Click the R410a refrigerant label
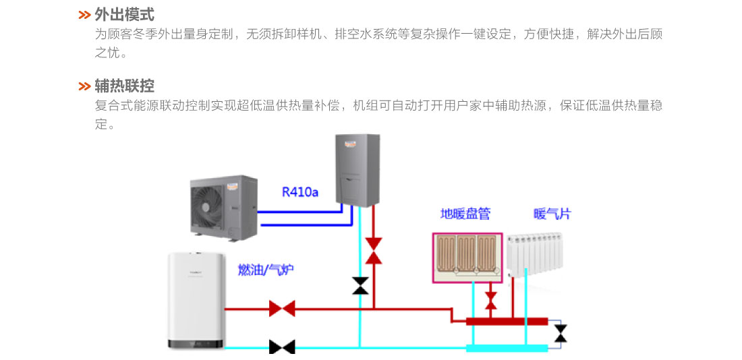(299, 192)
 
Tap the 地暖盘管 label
(465, 214)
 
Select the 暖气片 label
(552, 214)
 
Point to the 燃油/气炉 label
(266, 270)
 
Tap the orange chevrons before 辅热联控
(84, 87)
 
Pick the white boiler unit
(196, 300)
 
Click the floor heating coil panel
(467, 256)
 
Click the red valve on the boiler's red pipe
(282, 309)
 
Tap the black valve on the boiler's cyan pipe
(282, 347)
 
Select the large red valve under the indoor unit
(373, 250)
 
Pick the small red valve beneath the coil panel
(491, 299)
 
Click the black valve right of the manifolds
(560, 333)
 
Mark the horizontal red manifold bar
(507, 321)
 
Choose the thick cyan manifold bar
(507, 348)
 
